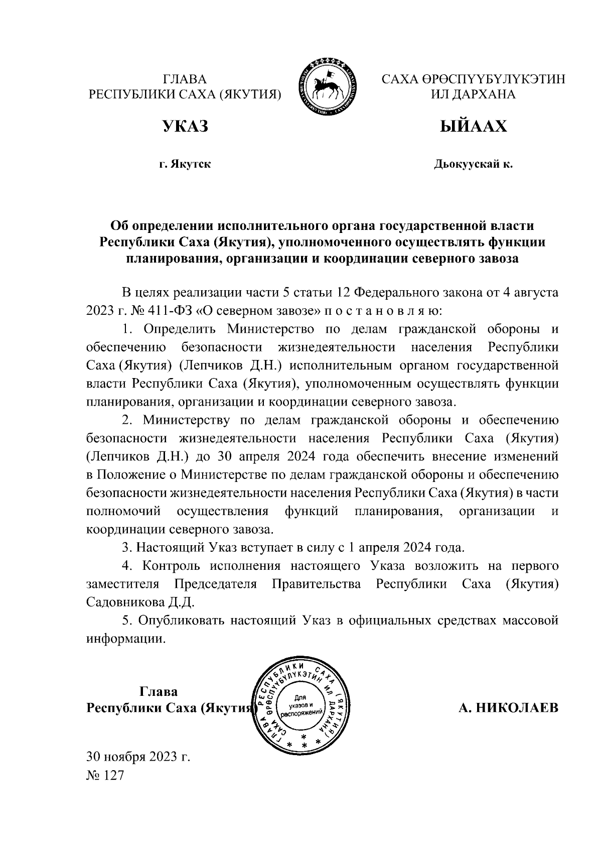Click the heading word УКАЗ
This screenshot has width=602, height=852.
[x=185, y=127]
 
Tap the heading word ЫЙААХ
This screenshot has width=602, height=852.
[x=473, y=127]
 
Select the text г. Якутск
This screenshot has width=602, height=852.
[x=185, y=164]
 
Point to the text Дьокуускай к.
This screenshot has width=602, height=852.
[x=473, y=164]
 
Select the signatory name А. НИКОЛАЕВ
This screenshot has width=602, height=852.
[x=508, y=708]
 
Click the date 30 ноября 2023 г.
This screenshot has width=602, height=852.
[x=138, y=756]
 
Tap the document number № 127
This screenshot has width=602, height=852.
[x=105, y=776]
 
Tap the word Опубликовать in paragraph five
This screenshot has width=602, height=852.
[x=181, y=621]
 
